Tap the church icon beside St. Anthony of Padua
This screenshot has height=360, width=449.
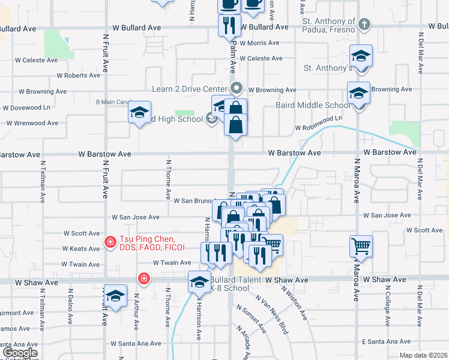click(x=364, y=26)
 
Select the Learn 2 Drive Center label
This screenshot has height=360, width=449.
click(x=189, y=89)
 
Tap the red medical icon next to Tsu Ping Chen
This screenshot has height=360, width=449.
click(x=110, y=242)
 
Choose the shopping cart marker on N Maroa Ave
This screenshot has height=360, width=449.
click(x=361, y=245)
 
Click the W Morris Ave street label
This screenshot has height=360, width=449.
click(x=259, y=43)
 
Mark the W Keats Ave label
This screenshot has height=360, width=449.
click(x=81, y=248)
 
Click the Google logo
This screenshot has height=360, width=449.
click(x=19, y=353)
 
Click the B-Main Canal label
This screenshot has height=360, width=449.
click(x=113, y=101)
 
